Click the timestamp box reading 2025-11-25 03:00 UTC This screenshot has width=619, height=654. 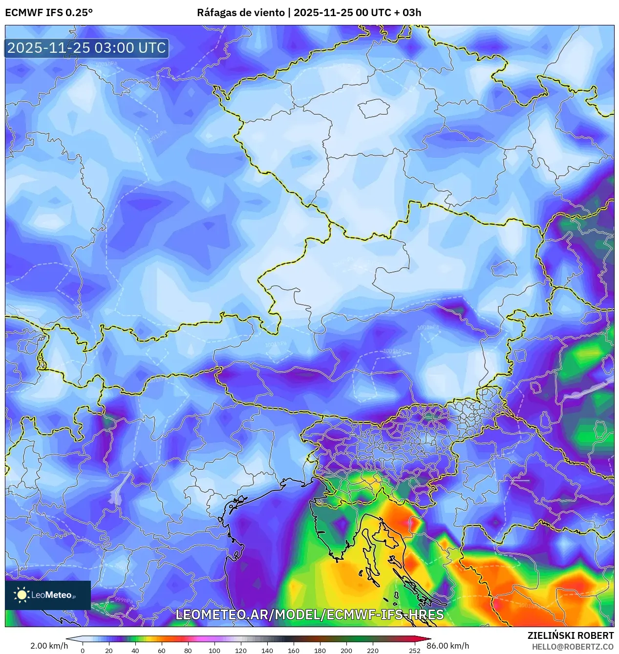coord(86,48)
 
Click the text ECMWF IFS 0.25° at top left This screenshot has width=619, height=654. coord(49,13)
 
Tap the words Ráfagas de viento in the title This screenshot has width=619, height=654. coord(240,13)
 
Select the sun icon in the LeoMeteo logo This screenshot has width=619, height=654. coord(21,594)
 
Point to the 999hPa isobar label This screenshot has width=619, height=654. coord(123,600)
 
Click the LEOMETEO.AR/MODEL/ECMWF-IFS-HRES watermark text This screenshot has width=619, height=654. coord(309,614)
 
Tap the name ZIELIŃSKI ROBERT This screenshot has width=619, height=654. coord(570,635)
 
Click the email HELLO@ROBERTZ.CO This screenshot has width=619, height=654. coord(573,647)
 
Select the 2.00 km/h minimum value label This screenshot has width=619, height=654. coord(49,646)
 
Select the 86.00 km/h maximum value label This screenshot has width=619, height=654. coord(448,646)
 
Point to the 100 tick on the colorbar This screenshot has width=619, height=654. coord(214,650)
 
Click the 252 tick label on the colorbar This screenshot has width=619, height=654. coord(414,650)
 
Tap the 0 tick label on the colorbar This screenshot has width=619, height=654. coord(82,650)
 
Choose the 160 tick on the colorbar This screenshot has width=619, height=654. coord(293,650)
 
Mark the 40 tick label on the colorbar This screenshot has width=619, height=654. coord(135,650)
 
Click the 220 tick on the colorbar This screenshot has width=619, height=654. coord(372,650)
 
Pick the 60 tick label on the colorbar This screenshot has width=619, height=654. coord(161,650)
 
